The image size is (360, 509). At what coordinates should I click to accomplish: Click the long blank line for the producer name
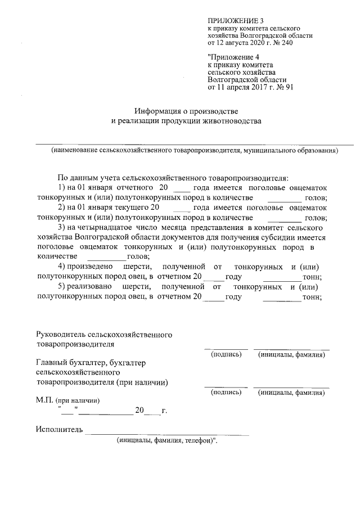(x=195, y=145)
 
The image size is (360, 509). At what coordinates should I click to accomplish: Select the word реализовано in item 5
(x=88, y=287)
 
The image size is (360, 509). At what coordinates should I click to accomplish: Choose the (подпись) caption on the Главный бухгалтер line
(x=226, y=393)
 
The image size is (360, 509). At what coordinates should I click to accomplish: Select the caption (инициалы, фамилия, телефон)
(x=167, y=441)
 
